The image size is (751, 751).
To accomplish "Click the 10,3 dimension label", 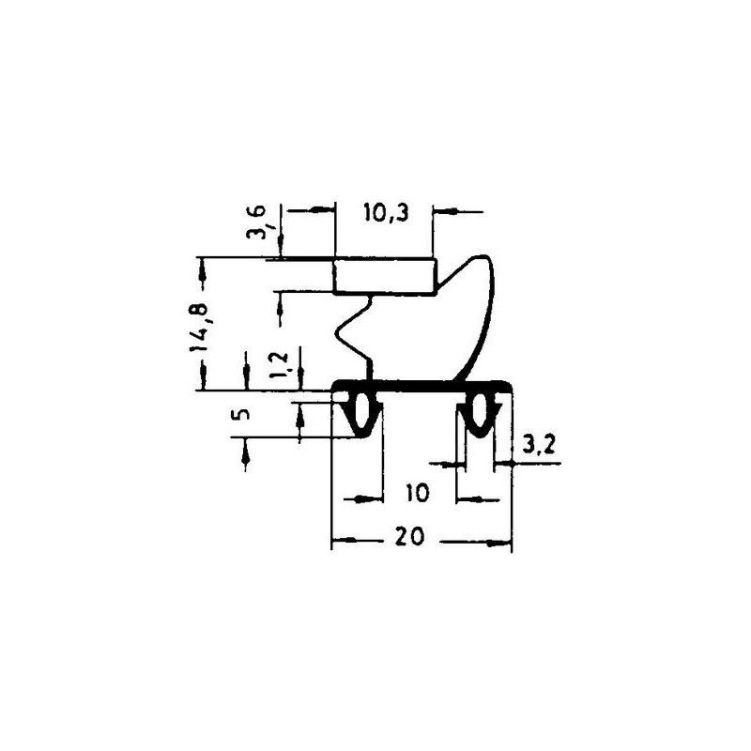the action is coord(386,213).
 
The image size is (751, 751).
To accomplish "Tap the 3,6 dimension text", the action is coord(255,222).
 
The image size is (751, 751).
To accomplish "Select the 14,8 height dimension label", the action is coord(199,327).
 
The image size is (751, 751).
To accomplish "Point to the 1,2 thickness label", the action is coord(279,365).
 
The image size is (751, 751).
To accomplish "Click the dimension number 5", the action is coord(243,413).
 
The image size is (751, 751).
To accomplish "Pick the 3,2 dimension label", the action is coord(538,446).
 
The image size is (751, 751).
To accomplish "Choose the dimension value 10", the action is coord(418,493).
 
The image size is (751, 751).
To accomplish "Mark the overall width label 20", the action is coord(410,536).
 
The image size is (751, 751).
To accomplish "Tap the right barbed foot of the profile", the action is coord(479,414).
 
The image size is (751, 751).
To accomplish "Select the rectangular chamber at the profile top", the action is coord(385,276).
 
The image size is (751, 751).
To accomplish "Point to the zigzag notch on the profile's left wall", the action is coord(354,330).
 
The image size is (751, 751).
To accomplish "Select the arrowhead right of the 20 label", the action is coord(499,544).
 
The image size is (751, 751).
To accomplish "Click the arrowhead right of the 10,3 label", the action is coord(444,210).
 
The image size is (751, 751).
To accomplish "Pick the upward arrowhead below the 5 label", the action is coord(246,455).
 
